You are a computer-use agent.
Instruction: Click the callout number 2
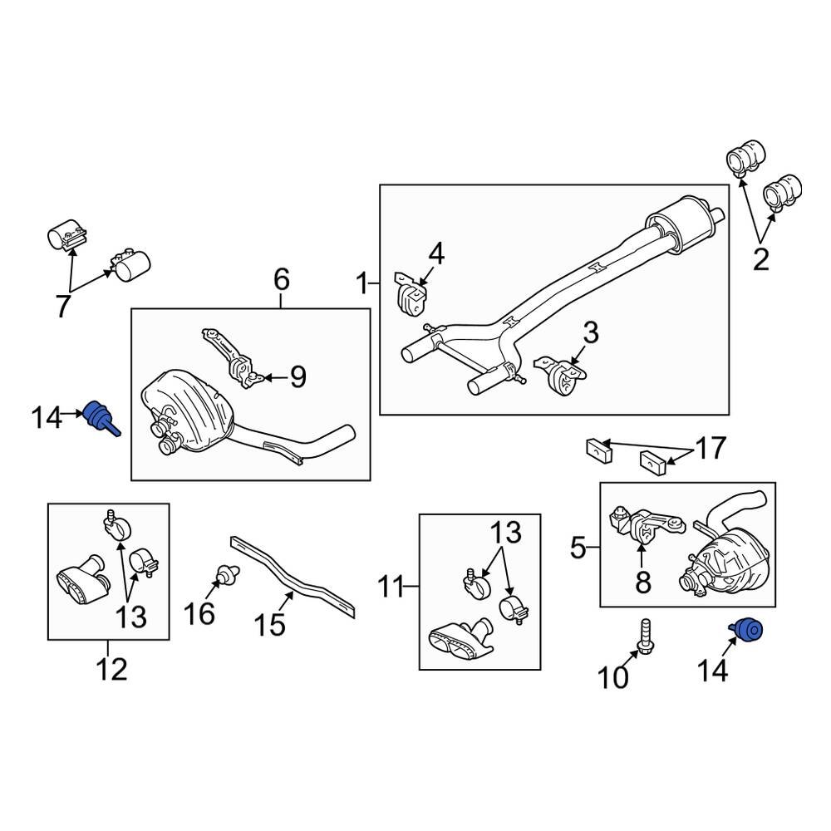tap(760, 260)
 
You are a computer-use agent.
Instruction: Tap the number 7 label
tap(64, 307)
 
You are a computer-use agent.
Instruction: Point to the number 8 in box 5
tap(643, 583)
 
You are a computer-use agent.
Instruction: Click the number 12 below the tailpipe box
tap(112, 668)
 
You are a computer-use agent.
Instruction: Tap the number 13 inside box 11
tap(509, 532)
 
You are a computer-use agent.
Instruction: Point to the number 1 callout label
tap(362, 284)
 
